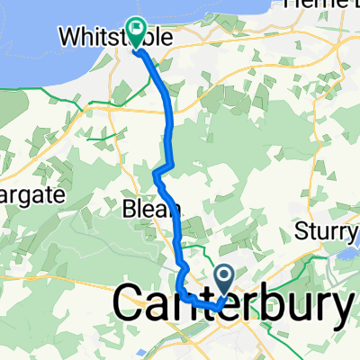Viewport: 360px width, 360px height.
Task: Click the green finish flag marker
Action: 137,32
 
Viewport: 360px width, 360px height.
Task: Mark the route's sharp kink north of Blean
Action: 158,170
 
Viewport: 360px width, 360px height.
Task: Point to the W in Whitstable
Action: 70,38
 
